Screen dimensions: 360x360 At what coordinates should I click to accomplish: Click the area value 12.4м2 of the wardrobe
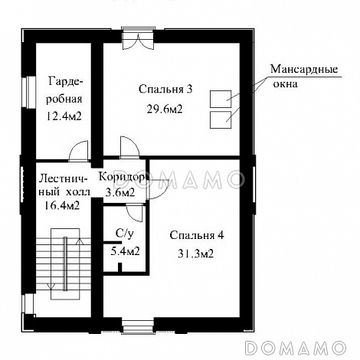pos(65,116)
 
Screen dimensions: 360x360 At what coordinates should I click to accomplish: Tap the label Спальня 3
pos(165,90)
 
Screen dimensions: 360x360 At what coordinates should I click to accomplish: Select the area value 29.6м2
pos(165,110)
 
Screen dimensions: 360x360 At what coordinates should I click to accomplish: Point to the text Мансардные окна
pos(303,77)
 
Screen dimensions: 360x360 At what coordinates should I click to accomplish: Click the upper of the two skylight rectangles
pos(221,99)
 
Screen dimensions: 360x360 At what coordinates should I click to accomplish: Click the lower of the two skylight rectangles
pos(221,119)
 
